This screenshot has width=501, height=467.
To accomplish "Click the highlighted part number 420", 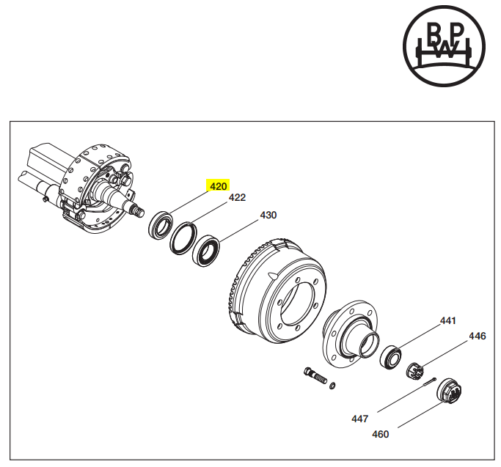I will [x=219, y=186].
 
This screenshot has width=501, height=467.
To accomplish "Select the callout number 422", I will [x=237, y=198].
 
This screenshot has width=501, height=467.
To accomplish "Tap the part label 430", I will [x=268, y=216].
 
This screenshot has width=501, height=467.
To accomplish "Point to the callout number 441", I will [x=447, y=321].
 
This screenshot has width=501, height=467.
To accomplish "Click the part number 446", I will [x=478, y=337].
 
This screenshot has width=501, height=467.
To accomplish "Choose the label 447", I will [x=359, y=419].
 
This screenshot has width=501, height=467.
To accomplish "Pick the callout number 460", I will [x=381, y=434].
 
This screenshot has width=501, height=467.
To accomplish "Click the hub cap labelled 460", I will [x=450, y=391].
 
